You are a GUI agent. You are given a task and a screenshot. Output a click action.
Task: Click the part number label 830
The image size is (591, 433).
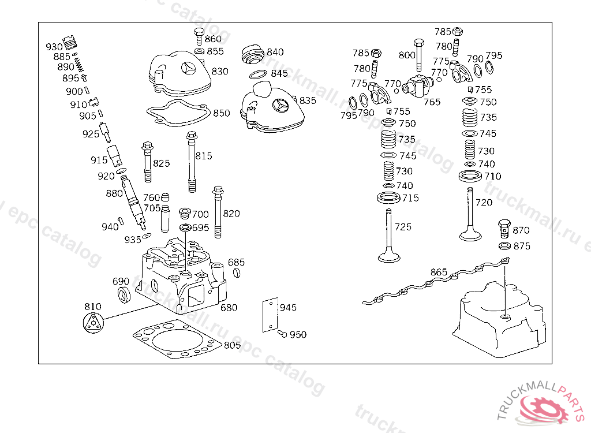coord(220,72)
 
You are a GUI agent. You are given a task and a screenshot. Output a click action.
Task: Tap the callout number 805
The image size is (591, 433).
coord(232,345)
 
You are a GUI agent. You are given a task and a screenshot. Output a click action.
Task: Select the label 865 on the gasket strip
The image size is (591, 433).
coord(439,272)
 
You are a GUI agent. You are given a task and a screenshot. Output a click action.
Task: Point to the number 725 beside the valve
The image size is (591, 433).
coord(403,227)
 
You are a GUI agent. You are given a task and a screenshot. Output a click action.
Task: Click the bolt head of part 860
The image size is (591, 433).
coord(200,32)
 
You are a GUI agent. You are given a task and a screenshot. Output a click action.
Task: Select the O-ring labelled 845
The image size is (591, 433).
coord(258,74)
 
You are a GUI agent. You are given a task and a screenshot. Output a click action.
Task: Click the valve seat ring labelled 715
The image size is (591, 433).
coord(390,199)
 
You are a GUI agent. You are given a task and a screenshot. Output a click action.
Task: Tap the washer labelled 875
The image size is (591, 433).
coord(504,247)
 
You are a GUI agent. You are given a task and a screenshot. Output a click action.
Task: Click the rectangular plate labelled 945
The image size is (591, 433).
coord(268,315)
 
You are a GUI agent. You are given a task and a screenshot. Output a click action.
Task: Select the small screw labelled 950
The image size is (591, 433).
coord(282,334)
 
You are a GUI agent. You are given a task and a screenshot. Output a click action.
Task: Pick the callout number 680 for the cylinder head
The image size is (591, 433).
coord(229,308)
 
